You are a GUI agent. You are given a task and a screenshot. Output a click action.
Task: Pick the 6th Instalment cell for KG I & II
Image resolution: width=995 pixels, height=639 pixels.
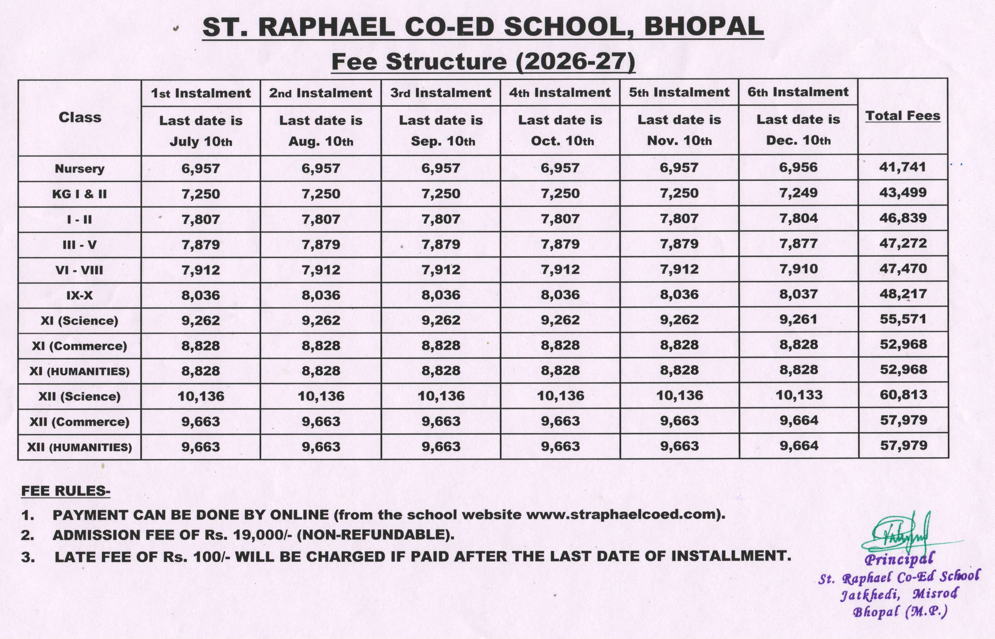point(798,193)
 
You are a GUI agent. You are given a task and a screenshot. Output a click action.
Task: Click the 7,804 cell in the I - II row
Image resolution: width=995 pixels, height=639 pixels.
point(798,218)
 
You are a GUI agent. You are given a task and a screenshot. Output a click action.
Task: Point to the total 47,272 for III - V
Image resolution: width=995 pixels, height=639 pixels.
point(903,243)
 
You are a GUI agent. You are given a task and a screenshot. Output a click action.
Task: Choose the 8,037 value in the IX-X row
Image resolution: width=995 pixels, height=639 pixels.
point(798,294)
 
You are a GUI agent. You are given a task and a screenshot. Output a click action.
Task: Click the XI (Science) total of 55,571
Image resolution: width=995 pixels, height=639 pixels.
point(903,319)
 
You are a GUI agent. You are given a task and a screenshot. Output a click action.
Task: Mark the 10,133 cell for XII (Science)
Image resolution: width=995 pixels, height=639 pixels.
point(798,395)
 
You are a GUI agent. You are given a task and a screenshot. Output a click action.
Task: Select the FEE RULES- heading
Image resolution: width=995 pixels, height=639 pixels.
point(66,491)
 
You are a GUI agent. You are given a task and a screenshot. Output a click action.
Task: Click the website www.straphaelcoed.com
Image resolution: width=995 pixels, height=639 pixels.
point(622,515)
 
